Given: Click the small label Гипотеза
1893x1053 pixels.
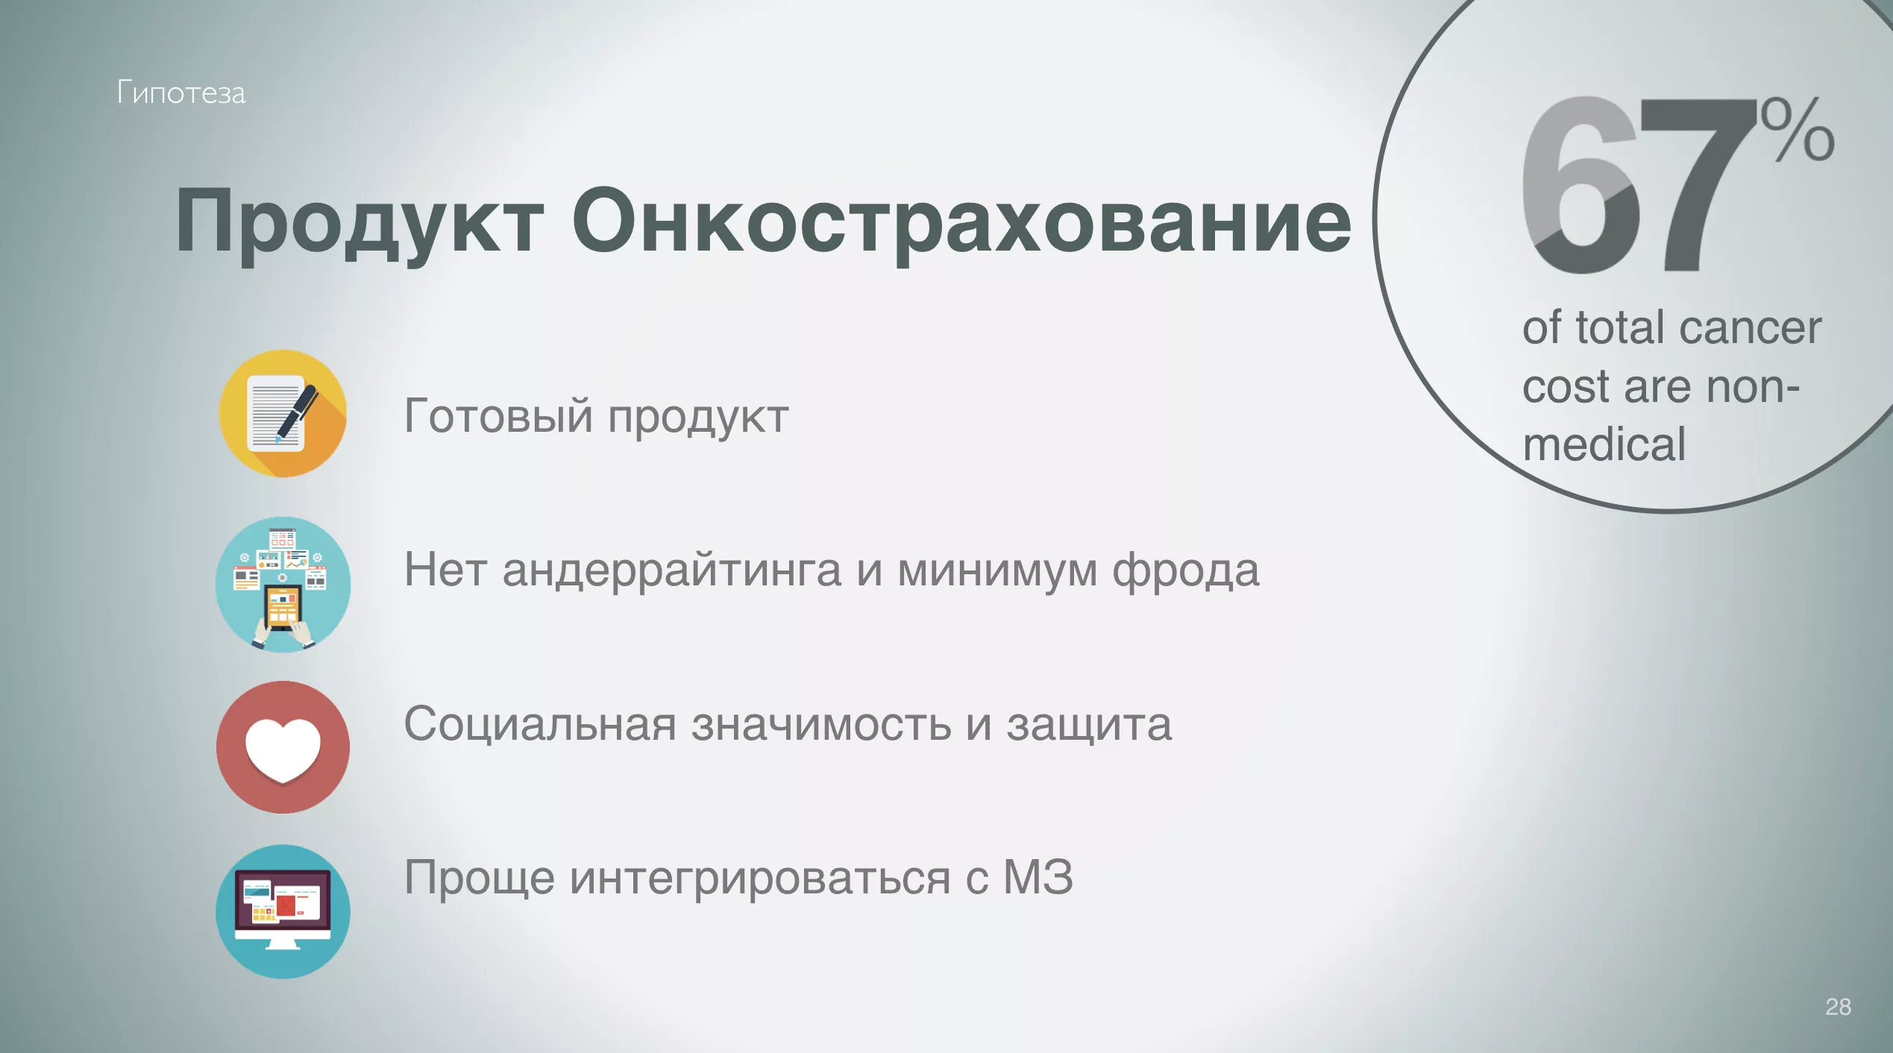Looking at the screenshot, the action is point(181,93).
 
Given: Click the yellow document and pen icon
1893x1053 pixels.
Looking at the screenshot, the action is point(283,414).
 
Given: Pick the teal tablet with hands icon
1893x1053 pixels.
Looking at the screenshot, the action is point(283,585).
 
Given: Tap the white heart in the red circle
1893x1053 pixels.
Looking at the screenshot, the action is point(283,748).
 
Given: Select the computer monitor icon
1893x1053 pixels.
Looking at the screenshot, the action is point(283,911).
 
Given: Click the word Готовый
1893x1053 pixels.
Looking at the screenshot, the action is point(498,416).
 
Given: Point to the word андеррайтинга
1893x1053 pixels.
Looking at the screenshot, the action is point(672,571).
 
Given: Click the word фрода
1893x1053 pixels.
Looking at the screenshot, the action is point(1186,571).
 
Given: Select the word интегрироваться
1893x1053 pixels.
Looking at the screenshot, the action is point(760,878).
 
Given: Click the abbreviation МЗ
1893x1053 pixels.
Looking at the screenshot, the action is point(1038,876).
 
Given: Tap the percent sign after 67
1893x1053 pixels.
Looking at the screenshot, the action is point(1798,130).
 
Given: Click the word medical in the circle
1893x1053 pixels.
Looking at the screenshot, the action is point(1604,444).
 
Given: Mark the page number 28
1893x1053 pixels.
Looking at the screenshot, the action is point(1839,1007).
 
